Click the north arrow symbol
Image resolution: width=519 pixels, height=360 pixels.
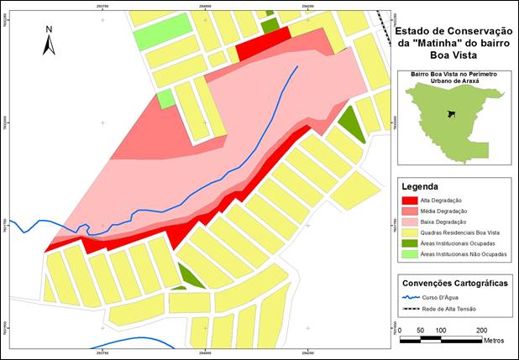pyautogui.click(x=49, y=41)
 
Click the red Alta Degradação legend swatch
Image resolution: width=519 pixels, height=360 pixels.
pyautogui.click(x=410, y=201)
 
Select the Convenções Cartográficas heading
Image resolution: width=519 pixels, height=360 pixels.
pyautogui.click(x=454, y=284)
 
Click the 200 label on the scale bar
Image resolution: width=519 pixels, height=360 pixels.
pyautogui.click(x=481, y=330)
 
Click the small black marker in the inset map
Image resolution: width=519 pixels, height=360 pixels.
pyautogui.click(x=451, y=113)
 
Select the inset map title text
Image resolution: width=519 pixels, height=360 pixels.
pyautogui.click(x=453, y=78)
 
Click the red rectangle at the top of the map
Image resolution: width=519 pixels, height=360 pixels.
pyautogui.click(x=263, y=45)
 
